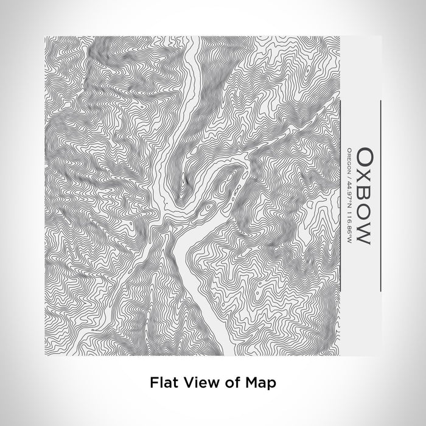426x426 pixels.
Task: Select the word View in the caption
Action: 196,383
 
